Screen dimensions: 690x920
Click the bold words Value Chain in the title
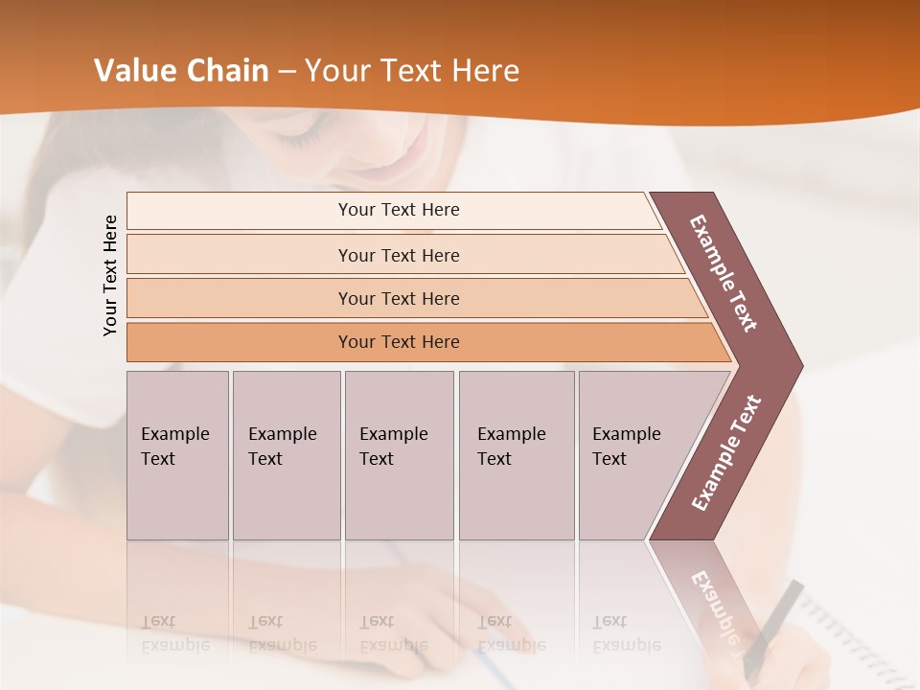pos(181,71)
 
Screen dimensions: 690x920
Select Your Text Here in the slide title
pos(412,71)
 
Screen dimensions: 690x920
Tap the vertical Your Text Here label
pos(110,275)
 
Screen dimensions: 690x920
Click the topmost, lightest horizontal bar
pos(398,210)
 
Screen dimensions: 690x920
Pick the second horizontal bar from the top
pos(398,255)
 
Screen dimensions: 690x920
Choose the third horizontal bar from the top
pos(398,298)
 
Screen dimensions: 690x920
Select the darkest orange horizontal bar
pos(398,342)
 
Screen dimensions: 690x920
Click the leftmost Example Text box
pos(177,455)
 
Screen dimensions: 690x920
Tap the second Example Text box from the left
pos(286,455)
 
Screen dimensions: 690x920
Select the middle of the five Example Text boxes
pos(399,455)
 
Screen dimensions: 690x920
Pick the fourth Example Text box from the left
pos(516,455)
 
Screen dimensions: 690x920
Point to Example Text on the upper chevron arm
pos(724,272)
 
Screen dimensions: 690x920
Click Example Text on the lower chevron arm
pos(726,452)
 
